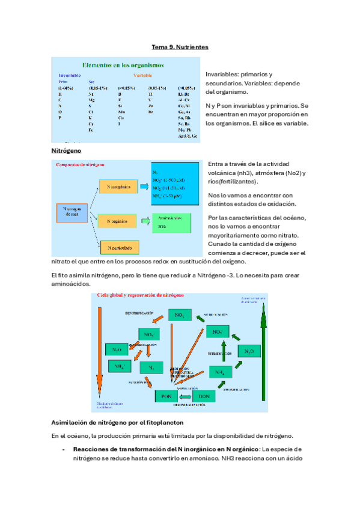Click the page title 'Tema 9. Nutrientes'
click(180, 47)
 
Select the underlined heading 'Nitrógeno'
click(66, 150)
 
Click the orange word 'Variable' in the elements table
click(142, 76)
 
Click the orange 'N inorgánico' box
click(118, 187)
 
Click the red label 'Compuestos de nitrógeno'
click(80, 164)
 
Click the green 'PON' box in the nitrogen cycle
click(167, 396)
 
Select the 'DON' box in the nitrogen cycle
click(204, 396)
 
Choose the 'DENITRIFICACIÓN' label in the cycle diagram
click(144, 313)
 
